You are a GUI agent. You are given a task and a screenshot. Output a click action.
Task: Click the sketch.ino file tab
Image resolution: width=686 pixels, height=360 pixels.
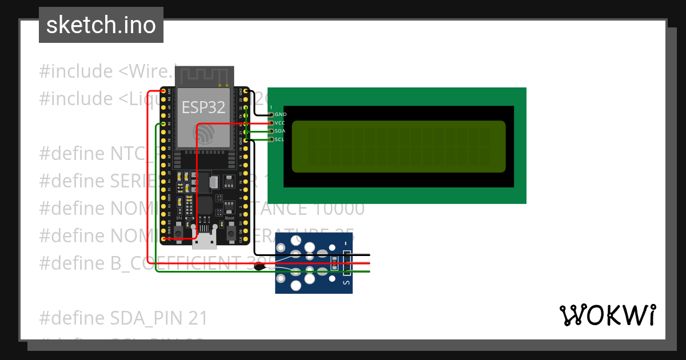101,25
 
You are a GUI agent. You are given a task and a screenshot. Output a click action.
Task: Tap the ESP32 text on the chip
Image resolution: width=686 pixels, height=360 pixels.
203,107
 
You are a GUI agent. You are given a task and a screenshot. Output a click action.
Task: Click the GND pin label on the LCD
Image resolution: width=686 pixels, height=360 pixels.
280,114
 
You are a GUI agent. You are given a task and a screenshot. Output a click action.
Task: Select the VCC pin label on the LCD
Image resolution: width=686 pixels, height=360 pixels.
280,123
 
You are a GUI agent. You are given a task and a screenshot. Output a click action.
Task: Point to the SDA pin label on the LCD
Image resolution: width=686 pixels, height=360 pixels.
280,131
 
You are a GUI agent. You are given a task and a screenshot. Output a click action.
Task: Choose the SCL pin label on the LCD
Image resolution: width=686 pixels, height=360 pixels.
280,139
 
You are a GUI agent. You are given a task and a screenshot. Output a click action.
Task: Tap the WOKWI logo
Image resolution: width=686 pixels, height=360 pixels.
607,315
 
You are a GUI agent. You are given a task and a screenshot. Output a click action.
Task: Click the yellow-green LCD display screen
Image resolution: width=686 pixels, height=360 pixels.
398,147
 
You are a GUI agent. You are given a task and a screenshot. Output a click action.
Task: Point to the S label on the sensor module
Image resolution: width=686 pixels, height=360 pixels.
346,282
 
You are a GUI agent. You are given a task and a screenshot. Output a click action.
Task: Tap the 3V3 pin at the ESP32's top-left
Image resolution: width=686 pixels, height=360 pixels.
163,91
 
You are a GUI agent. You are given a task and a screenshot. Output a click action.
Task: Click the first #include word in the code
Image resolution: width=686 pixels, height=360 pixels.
76,71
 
